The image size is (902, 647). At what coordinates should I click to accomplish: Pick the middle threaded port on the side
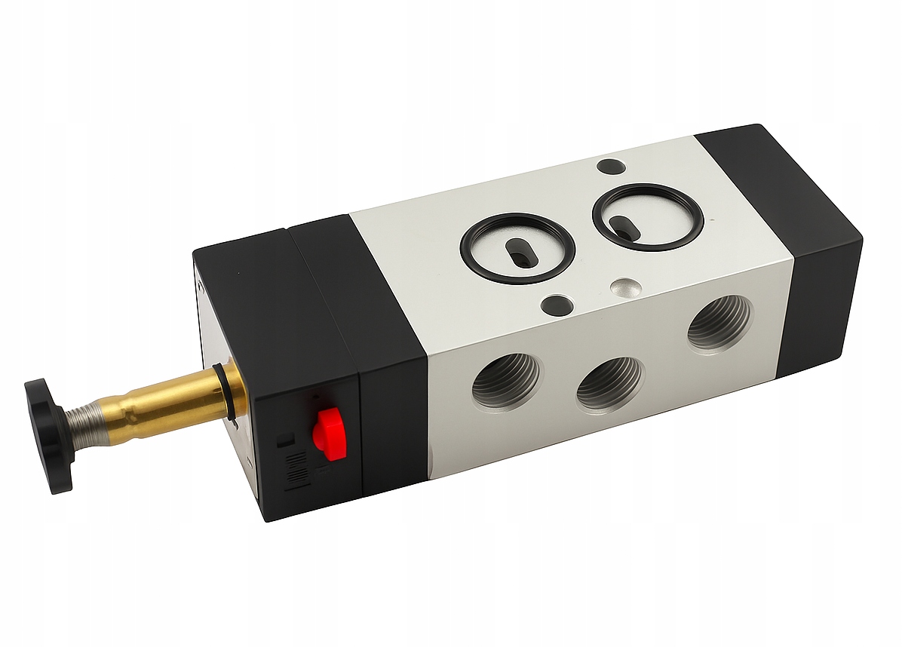(609, 383)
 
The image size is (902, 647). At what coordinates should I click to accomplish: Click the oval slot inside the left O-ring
(518, 251)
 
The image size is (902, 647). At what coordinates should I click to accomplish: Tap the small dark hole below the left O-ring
(557, 304)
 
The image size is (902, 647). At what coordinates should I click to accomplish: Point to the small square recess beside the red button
(284, 439)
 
